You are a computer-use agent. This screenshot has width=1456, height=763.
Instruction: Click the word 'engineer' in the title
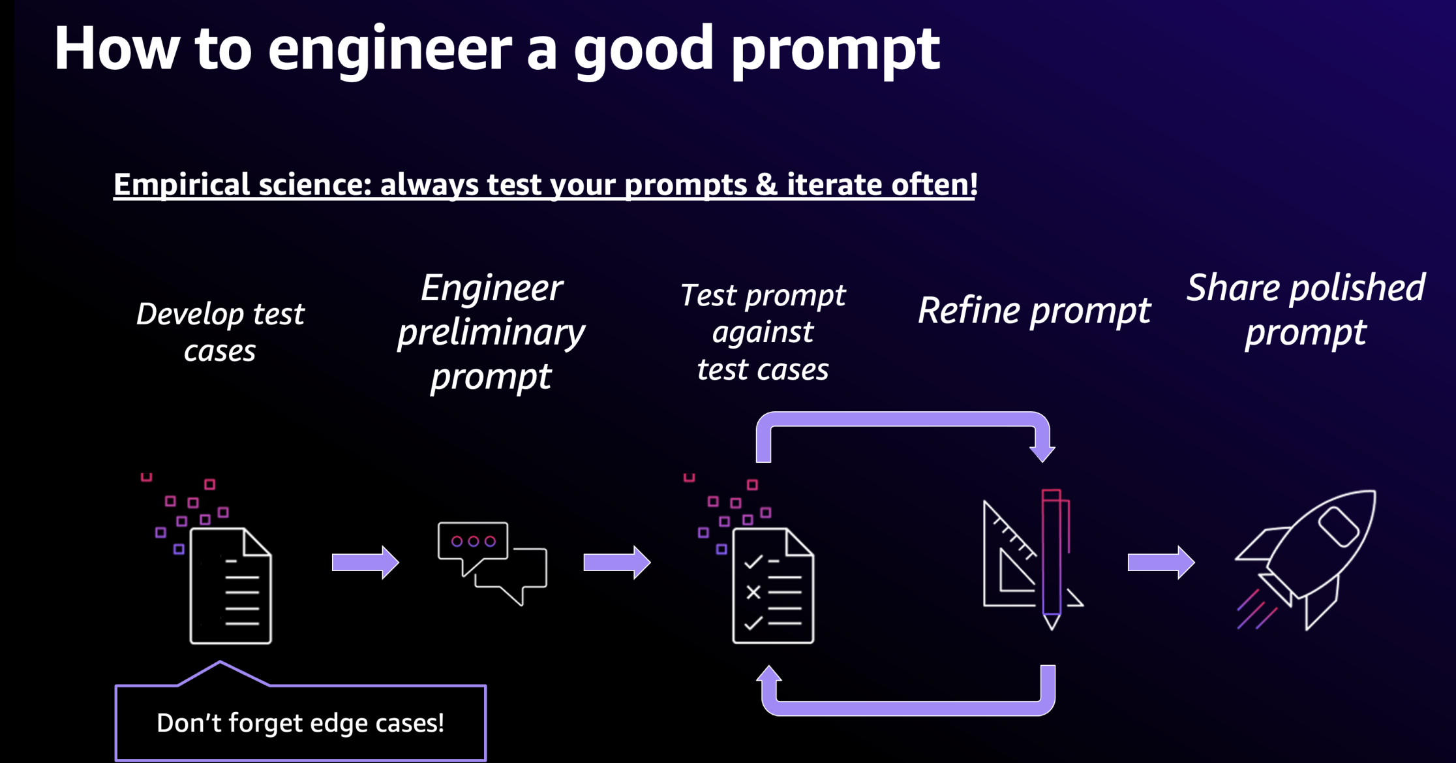coord(389,51)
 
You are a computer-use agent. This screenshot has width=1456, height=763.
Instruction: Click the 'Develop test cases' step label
coord(220,332)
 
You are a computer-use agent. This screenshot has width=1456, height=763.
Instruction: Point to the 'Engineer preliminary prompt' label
coord(491,332)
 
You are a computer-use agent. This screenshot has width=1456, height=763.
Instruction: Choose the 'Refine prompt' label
coord(1034,310)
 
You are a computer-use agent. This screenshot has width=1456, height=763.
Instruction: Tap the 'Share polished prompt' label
coord(1305,310)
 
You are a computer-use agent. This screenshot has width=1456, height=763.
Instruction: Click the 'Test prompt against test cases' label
coord(763,332)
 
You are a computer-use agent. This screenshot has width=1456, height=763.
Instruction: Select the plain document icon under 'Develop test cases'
coord(230,585)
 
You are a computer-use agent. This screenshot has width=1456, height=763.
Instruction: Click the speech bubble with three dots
coord(473,542)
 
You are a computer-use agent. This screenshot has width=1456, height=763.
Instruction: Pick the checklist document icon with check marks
coord(773,585)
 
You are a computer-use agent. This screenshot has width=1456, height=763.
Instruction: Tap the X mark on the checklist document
coord(753,593)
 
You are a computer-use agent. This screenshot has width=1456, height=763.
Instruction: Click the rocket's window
coord(1338,527)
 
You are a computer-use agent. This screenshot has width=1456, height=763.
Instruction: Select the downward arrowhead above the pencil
coord(1042,452)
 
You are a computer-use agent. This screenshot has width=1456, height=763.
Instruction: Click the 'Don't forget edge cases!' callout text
coord(301,723)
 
